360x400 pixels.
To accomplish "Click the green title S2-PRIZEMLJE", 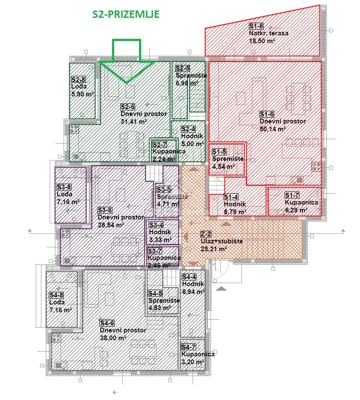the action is point(126,14).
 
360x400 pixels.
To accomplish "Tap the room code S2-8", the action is point(78,79).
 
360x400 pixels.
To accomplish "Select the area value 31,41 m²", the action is point(134,121).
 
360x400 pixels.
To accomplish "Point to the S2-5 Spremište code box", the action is point(183,68).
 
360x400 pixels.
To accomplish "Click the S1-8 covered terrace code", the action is point(256,26).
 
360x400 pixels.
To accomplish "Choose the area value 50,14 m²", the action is point(272,129).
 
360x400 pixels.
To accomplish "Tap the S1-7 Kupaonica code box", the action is point(292,195).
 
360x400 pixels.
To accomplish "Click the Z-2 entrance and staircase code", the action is point(206,234).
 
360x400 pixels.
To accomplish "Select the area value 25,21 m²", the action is point(214,249).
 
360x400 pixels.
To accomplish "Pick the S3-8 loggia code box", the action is point(64,187).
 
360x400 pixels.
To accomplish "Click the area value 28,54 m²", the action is point(111,225).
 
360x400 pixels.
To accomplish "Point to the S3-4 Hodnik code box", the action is point(156,225).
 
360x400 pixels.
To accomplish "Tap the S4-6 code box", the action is point(107,323).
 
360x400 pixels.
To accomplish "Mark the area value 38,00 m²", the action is point(113,338).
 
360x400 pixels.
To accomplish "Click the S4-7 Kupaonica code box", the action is point(189,347).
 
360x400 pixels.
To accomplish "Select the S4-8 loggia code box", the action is point(56,295).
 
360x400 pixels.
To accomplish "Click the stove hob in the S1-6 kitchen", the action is point(316,167).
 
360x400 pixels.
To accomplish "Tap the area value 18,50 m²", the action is point(262,41).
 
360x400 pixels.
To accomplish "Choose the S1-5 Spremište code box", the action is point(219,152).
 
